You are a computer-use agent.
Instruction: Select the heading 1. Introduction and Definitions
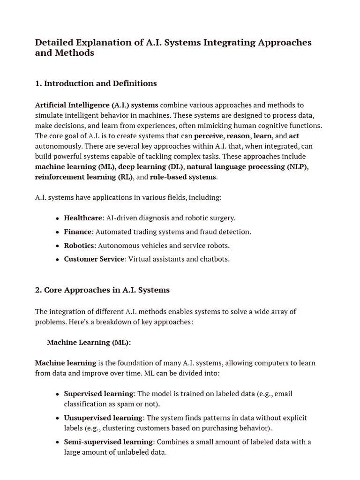[96, 83]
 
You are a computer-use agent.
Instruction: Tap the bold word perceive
[209, 136]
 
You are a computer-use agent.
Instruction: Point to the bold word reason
[238, 136]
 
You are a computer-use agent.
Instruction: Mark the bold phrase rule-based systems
[183, 177]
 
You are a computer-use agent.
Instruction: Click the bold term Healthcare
[83, 218]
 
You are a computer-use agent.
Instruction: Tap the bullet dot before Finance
[57, 232]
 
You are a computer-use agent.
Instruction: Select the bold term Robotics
[79, 246]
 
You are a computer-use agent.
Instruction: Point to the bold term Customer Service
[94, 259]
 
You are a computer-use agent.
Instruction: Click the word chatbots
[214, 259]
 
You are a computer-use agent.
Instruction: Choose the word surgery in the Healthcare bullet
[222, 218]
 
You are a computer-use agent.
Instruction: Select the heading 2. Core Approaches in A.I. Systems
[102, 290]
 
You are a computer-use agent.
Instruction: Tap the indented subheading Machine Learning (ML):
[89, 343]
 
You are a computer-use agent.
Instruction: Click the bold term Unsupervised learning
[103, 418]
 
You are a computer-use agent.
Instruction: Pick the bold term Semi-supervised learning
[108, 442]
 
